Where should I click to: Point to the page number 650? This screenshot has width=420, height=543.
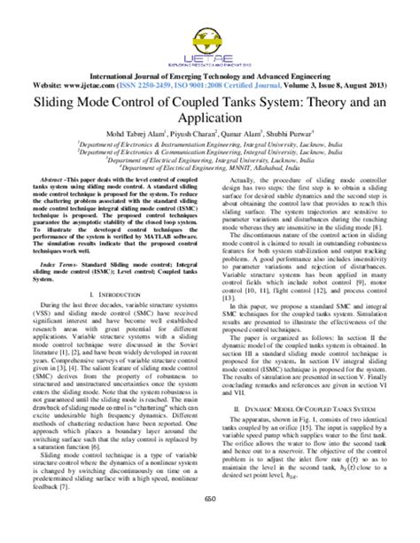coord(210,524)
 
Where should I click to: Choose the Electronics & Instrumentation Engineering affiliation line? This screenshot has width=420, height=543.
coord(210,148)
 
